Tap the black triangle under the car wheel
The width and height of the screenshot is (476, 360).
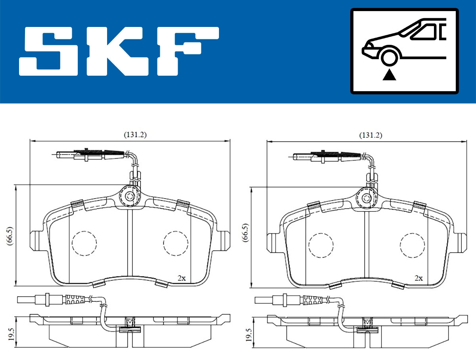pyautogui.click(x=390, y=75)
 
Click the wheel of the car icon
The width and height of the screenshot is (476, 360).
pyautogui.click(x=389, y=56)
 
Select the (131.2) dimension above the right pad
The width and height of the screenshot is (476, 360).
pyautogui.click(x=370, y=135)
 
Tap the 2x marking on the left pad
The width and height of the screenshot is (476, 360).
pyautogui.click(x=181, y=278)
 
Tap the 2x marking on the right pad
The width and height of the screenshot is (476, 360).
pyautogui.click(x=418, y=278)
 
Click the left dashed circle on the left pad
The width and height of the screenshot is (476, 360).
pyautogui.click(x=84, y=243)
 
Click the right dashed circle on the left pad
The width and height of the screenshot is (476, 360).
pyautogui.click(x=176, y=243)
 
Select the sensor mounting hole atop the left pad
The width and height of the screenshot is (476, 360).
pyautogui.click(x=129, y=196)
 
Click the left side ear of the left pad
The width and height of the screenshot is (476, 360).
pyautogui.click(x=35, y=241)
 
